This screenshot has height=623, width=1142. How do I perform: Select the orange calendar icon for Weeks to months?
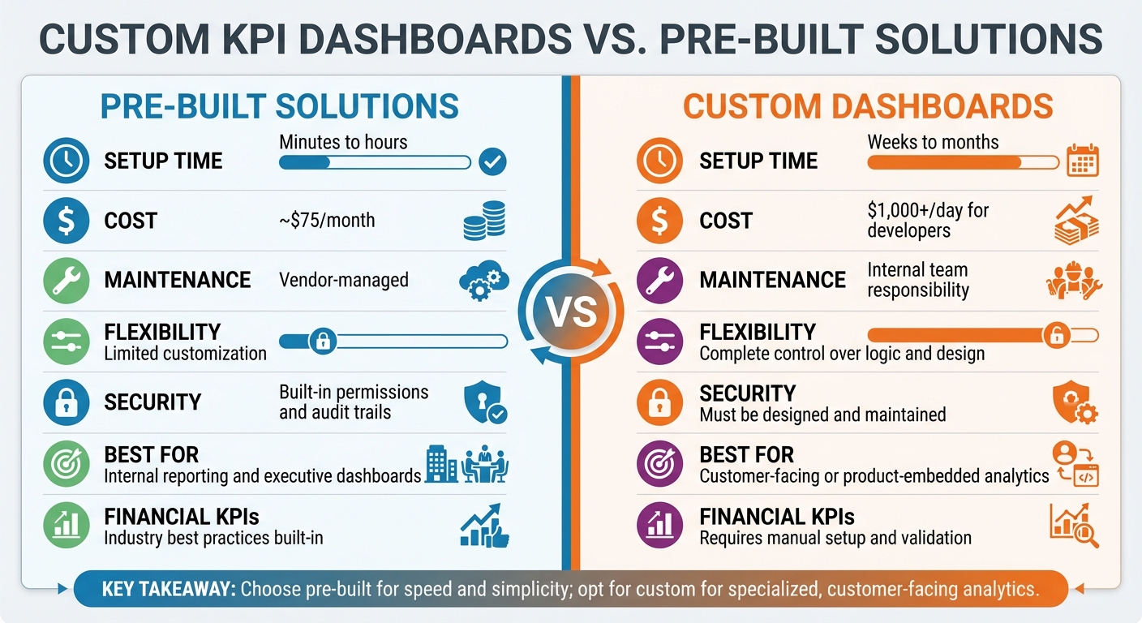point(1082,161)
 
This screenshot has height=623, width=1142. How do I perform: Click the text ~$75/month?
point(327,220)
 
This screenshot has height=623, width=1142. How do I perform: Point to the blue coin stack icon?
point(483,221)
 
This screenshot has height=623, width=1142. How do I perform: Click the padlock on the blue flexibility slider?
point(322,342)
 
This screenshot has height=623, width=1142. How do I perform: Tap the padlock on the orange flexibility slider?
point(1055,334)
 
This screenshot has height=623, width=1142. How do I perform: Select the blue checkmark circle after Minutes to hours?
point(492,161)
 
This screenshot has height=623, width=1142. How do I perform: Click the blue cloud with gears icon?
point(483,281)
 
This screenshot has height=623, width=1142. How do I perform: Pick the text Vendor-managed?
point(344,281)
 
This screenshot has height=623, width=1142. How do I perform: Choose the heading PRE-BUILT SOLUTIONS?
point(279,107)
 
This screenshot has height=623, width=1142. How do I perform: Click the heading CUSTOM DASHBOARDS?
point(868,107)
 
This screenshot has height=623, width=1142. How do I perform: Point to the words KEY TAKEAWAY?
point(169,590)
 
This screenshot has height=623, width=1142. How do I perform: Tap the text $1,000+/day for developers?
point(928,220)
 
